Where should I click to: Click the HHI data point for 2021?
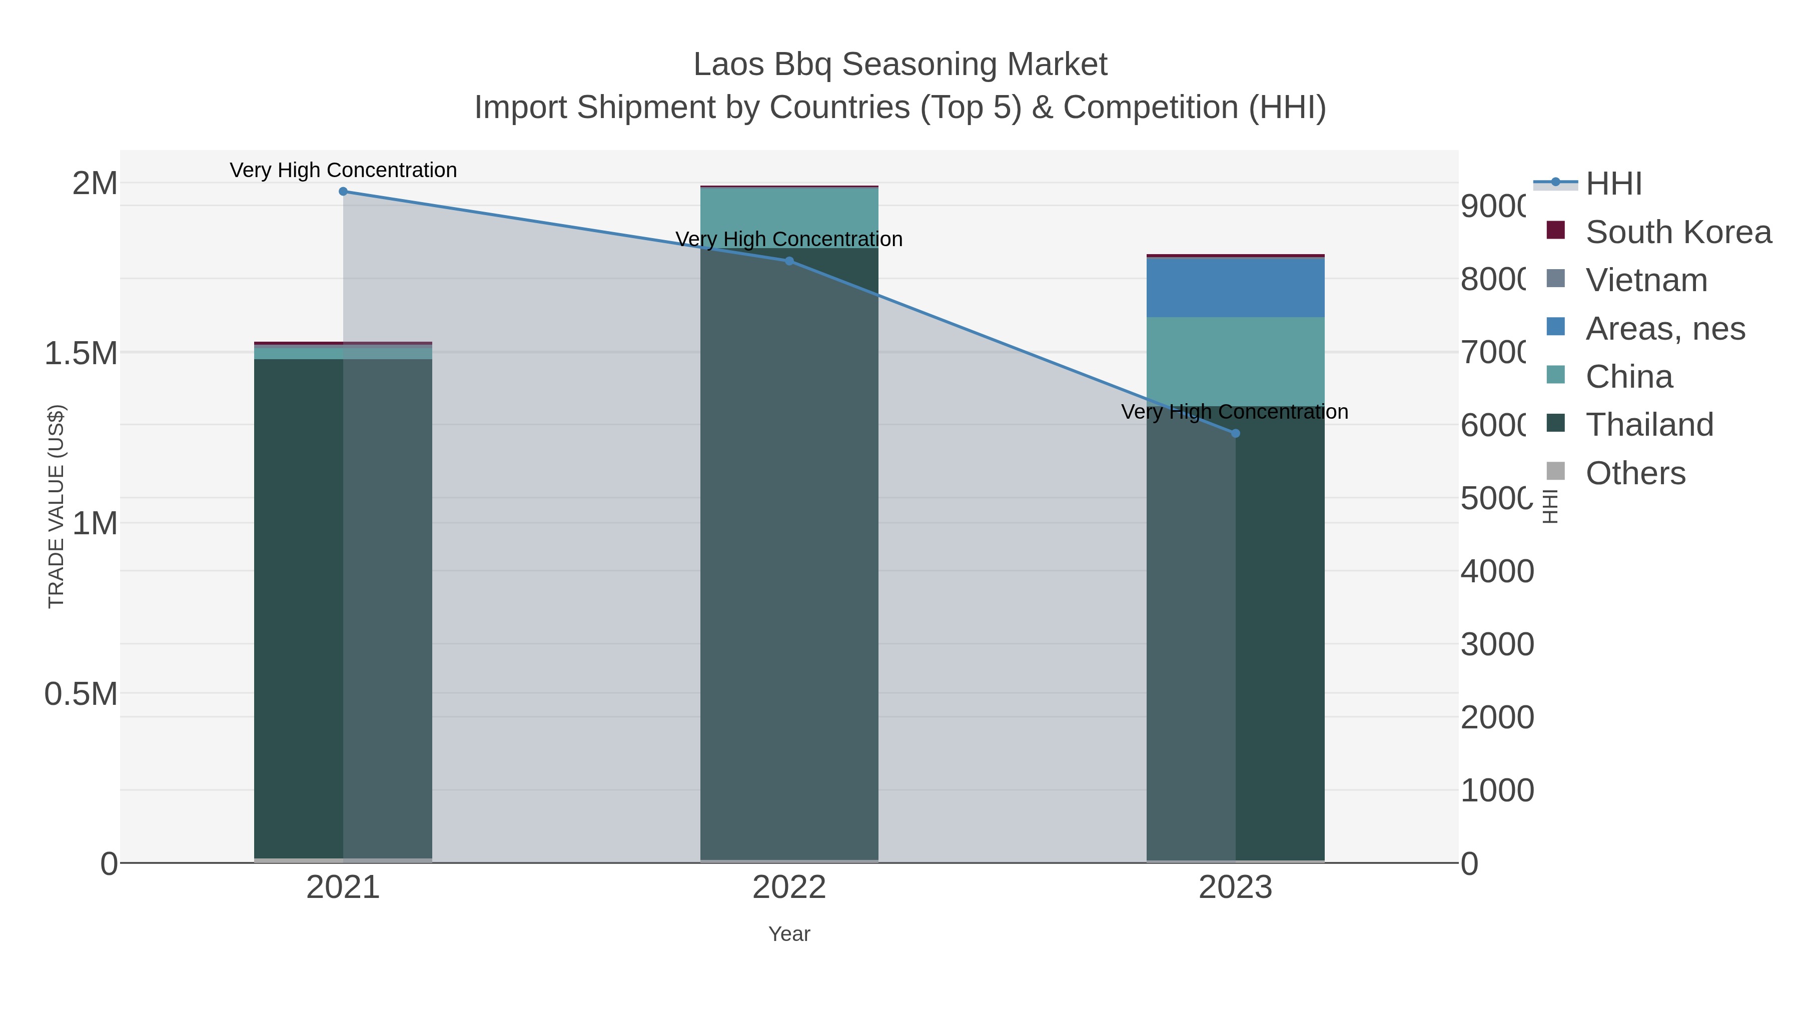(x=343, y=192)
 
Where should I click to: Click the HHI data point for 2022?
(x=789, y=261)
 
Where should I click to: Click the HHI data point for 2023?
(x=1235, y=433)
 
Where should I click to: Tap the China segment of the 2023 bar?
(x=1235, y=361)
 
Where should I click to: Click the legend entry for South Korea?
(x=1678, y=232)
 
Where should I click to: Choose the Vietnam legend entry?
(x=1646, y=280)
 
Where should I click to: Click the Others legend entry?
(x=1634, y=473)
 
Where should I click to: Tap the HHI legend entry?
(x=1613, y=184)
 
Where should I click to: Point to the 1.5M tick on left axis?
(x=81, y=354)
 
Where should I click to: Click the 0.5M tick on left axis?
(x=81, y=694)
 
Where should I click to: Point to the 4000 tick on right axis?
(x=1497, y=571)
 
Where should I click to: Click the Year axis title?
(x=789, y=934)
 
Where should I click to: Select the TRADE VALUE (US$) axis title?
(x=56, y=506)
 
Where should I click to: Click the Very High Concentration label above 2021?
(x=343, y=170)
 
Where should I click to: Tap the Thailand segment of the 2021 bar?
(x=299, y=608)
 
